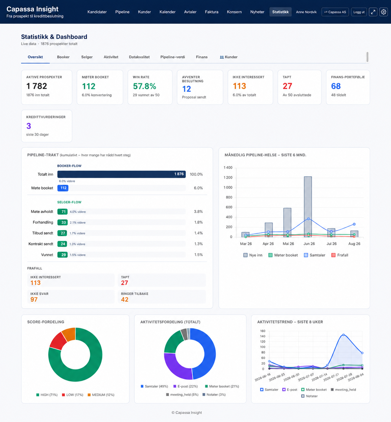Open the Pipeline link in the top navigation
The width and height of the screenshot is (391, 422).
click(122, 12)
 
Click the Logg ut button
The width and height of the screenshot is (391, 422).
click(359, 12)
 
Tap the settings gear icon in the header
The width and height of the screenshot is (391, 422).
click(383, 12)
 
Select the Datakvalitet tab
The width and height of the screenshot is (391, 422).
click(139, 57)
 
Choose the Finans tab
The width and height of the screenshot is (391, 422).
click(202, 57)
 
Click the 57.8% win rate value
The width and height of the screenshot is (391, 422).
click(144, 86)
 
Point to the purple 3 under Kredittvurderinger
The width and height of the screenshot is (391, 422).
click(29, 126)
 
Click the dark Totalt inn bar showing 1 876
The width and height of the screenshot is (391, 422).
click(121, 174)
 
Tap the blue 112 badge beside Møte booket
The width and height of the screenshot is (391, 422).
click(63, 188)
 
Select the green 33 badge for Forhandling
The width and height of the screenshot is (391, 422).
click(62, 222)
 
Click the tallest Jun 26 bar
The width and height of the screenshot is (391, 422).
click(308, 207)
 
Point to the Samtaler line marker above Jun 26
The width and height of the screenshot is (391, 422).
click(308, 219)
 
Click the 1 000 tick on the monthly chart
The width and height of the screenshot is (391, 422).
click(228, 187)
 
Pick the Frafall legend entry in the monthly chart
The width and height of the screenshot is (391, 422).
click(340, 255)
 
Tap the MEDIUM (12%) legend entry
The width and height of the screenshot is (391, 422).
click(101, 395)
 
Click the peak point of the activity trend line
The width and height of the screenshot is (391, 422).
click(343, 335)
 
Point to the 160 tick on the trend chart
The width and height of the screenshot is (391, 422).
click(263, 331)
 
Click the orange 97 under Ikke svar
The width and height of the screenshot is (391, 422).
click(34, 299)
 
